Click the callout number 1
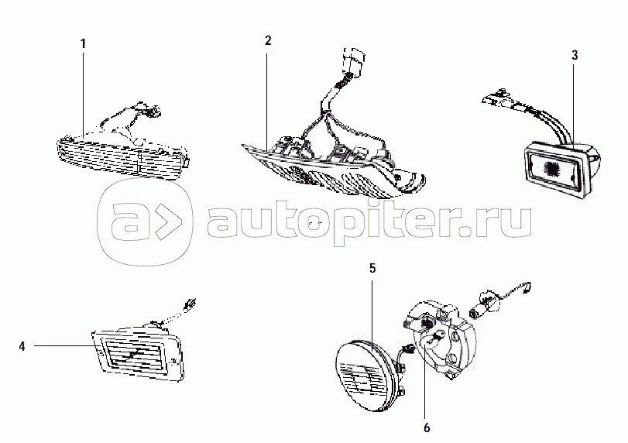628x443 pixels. [84, 43]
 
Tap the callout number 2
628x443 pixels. [268, 40]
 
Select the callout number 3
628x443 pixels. [575, 55]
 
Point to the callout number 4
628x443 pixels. [22, 346]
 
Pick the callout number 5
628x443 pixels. [372, 268]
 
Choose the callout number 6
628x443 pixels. [427, 428]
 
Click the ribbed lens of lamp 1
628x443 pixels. [121, 158]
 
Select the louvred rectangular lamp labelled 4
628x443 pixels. [137, 353]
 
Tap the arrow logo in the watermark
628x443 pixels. [145, 222]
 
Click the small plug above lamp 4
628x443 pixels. [190, 304]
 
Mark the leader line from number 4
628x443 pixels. [63, 345]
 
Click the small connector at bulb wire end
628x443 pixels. [527, 287]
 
